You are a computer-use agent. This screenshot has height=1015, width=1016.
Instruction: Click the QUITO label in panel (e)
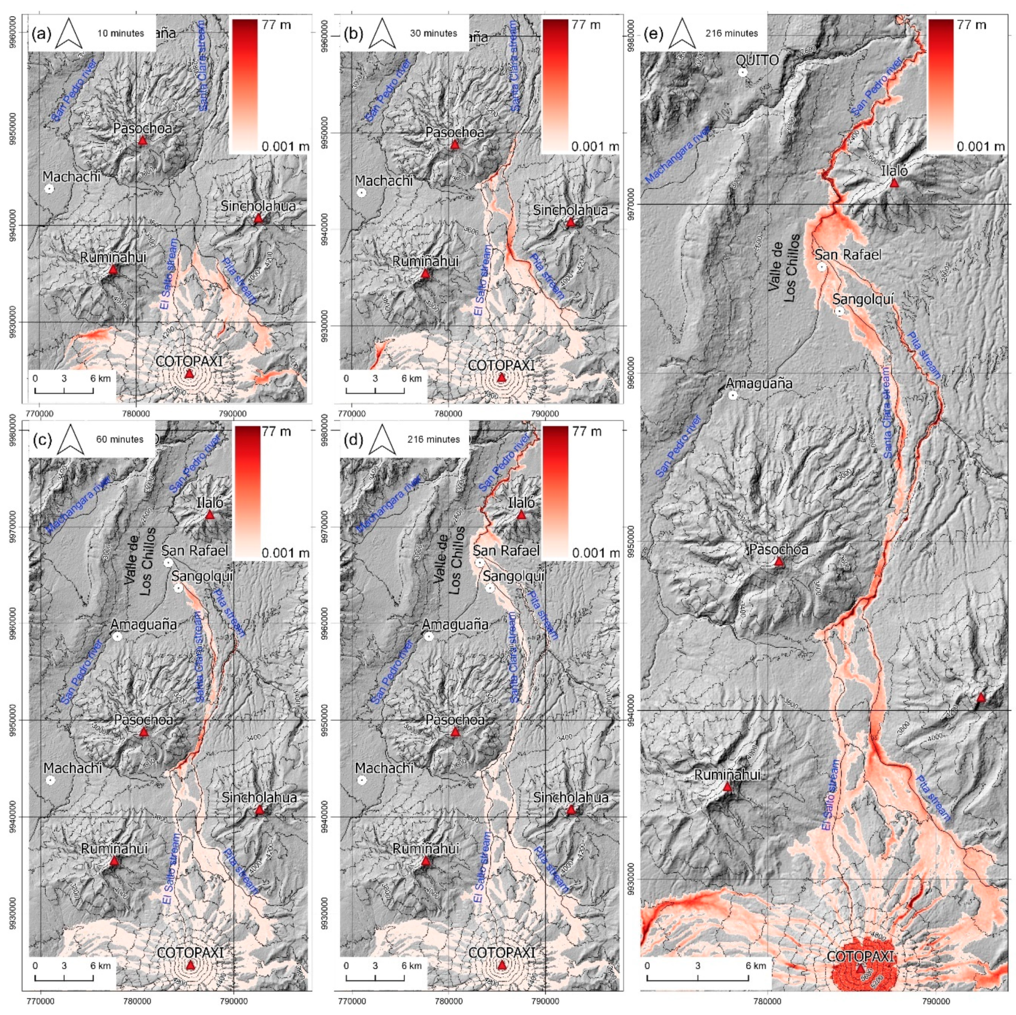[758, 60]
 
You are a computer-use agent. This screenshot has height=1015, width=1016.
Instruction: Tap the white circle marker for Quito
[743, 72]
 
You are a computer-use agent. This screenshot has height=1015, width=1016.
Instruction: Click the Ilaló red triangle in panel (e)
[894, 183]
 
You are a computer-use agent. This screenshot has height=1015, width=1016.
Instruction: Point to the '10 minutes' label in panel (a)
[120, 33]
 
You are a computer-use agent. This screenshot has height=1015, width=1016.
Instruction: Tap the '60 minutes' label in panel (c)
[120, 438]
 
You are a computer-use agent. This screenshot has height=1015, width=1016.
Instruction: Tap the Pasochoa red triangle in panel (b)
[455, 145]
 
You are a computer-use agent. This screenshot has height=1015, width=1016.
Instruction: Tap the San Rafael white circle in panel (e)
[821, 267]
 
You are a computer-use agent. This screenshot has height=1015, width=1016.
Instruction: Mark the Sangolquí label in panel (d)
[513, 576]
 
